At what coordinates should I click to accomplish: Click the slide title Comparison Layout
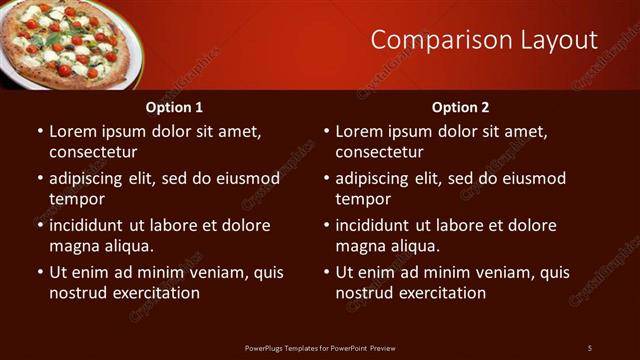(484, 40)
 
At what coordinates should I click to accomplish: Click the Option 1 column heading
(174, 107)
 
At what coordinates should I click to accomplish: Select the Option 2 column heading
(460, 107)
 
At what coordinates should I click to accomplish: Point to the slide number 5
(590, 347)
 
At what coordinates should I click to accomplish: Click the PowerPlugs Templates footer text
(320, 347)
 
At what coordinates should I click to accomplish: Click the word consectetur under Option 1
(93, 152)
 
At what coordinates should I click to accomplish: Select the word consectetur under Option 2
(379, 152)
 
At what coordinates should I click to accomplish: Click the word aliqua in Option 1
(128, 246)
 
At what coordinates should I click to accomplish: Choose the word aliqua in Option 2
(414, 246)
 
